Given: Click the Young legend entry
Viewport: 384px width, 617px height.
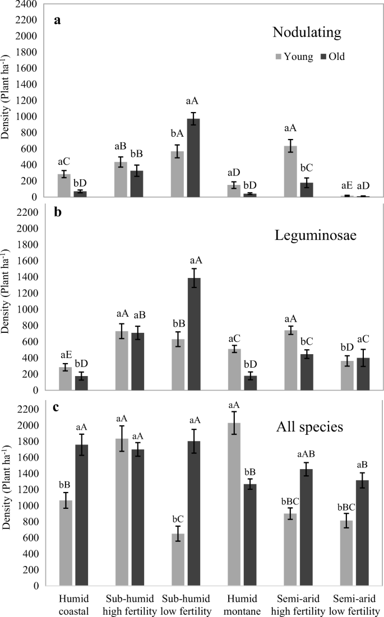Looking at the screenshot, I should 293,57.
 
